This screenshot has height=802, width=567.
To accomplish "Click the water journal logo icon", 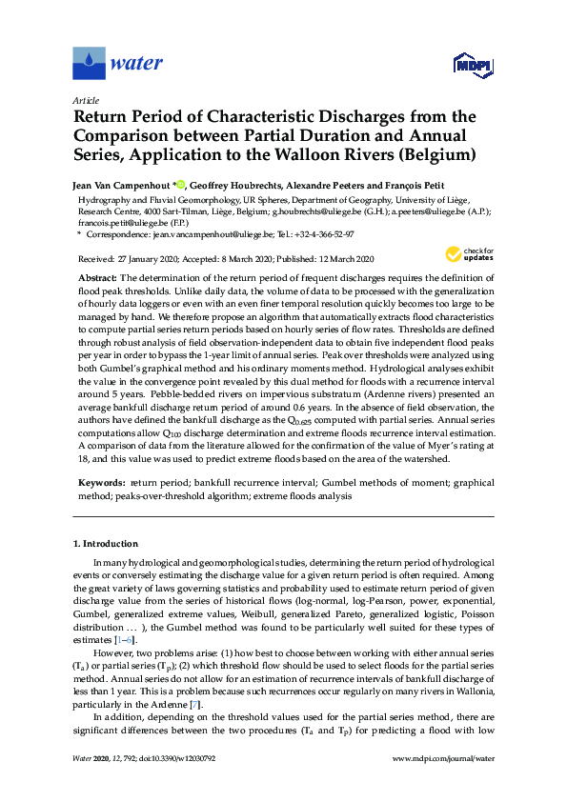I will coord(90,64).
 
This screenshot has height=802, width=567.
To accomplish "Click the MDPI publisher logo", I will coord(476,66).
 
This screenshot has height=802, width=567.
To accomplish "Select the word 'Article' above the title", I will coord(86,100).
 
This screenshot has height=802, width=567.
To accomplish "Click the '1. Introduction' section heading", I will coord(106,544).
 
